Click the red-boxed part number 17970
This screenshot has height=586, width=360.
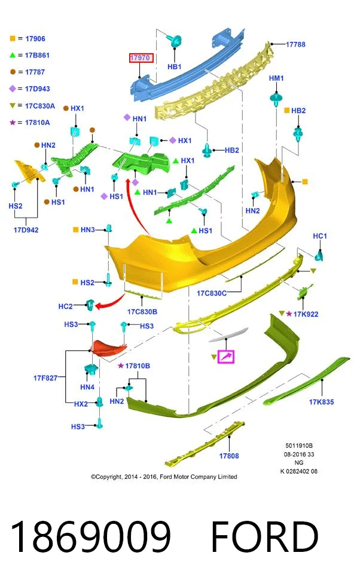point(141,58)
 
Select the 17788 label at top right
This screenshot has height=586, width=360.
point(295,44)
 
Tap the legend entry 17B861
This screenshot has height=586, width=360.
point(37,55)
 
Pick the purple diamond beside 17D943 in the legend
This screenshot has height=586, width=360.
point(13,88)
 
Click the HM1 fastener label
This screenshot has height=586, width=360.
point(276,78)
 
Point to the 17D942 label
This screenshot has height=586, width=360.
point(26,230)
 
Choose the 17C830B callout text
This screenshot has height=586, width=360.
point(142,312)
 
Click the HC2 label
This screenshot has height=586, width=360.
point(65,306)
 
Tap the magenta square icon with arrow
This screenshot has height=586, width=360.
point(226,356)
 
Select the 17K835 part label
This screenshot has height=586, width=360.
point(322,402)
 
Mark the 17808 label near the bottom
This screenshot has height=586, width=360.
point(229,456)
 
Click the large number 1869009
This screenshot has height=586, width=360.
point(91,537)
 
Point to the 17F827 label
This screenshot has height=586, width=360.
point(45,378)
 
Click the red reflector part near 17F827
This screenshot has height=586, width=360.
point(109,348)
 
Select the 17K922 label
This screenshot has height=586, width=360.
point(306,315)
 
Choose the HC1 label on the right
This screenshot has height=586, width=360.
point(320,236)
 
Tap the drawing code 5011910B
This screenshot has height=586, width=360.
point(299,445)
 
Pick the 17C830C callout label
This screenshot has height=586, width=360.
point(212,294)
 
